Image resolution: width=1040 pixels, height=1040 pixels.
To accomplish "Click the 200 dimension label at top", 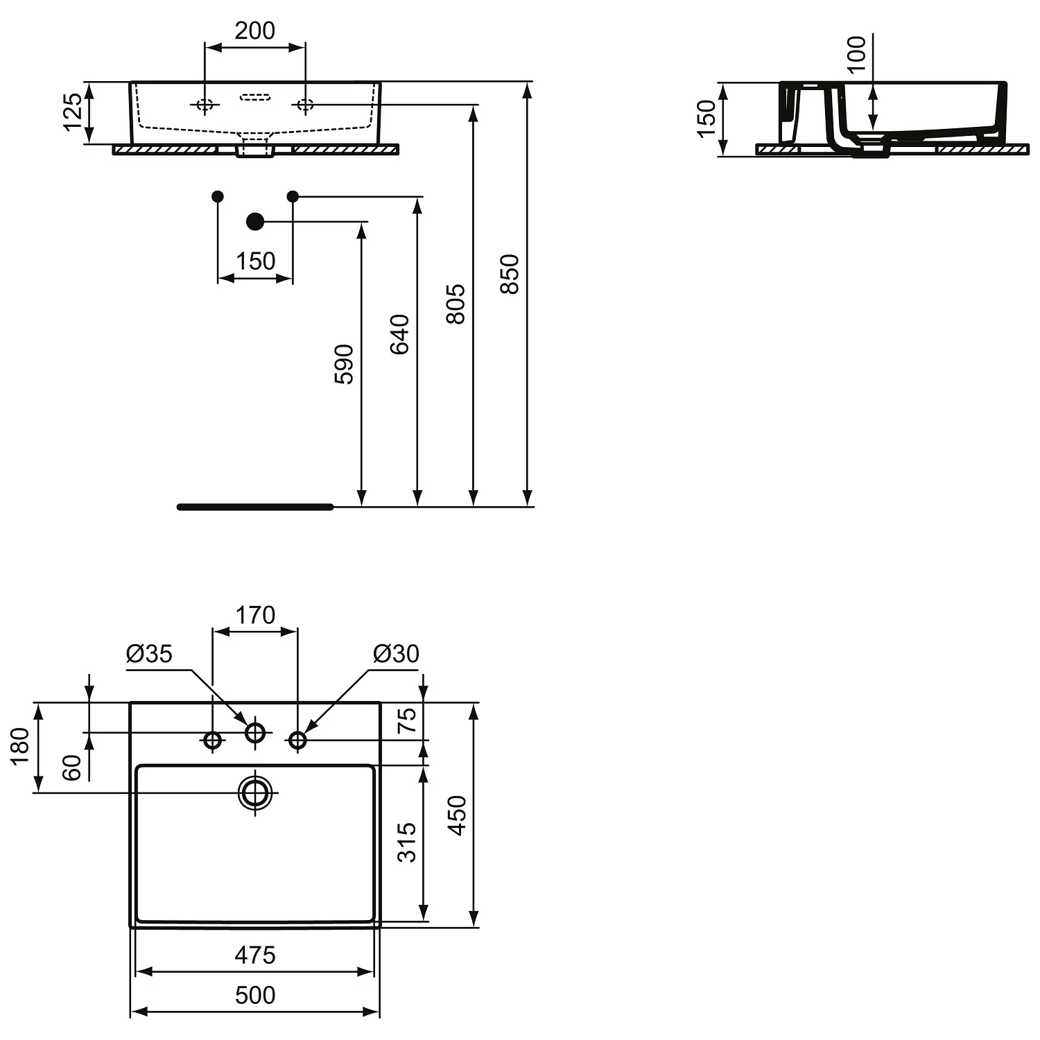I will pos(254,31).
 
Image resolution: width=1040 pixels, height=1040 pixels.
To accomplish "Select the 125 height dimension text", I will pos(73,112).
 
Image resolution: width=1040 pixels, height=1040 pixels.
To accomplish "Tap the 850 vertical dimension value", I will pos(510,274).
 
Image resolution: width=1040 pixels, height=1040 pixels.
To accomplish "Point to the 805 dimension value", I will pos(455,304).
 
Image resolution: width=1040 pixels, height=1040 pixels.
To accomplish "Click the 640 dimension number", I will pos(399,334).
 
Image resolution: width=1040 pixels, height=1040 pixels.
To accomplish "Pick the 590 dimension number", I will pos(344,364).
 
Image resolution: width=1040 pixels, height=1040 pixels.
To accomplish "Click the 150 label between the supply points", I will pos(255,261).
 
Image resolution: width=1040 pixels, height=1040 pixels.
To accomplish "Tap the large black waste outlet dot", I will pos(255,221).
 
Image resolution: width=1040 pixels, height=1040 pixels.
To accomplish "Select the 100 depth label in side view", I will pos(857,54).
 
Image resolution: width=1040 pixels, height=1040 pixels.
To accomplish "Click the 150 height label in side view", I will pos(706,119).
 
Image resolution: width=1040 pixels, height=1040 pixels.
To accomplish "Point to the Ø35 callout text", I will pos(149,654).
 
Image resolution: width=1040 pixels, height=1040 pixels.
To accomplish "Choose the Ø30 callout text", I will pos(396,654).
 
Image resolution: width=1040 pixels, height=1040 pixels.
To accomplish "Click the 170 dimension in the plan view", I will pos(254,615).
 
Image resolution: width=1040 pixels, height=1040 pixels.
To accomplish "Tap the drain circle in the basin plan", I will pos(255,792).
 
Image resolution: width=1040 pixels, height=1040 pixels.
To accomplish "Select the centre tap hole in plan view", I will pos(255,731).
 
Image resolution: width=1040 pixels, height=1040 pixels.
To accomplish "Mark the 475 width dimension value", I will pos(254,955).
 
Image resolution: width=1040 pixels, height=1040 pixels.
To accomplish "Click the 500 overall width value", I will pos(254,995).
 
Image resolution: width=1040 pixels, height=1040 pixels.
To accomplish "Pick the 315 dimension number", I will pos(408,842).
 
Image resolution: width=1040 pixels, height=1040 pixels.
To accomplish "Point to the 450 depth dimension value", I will pos(457,815).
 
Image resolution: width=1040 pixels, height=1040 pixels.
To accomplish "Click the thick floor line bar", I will pos(255,507).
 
